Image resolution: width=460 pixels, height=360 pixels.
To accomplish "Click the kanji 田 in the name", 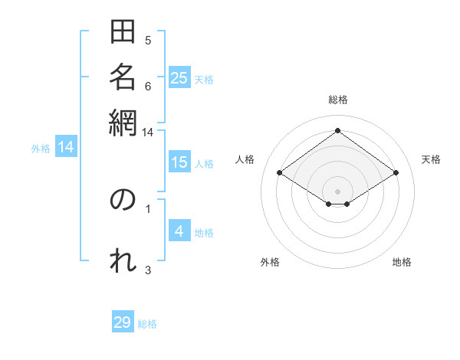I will coord(123,33).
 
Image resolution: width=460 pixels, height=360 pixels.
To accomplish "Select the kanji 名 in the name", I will coord(123,77).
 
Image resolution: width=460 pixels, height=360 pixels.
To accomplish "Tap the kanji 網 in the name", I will coord(123,122).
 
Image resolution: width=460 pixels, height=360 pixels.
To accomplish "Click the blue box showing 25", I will coord(179,78).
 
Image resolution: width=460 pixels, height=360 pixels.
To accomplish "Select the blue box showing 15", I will coord(179,162).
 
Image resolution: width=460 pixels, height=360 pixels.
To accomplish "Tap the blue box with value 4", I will coord(179,231).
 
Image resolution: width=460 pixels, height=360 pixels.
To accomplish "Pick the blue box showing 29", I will coord(123,322).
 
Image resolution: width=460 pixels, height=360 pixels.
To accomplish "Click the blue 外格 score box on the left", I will coord(66,147).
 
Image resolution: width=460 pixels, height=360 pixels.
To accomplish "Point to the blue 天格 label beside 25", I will coord(204,79).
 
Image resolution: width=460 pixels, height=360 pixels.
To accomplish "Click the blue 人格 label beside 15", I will coord(204,163).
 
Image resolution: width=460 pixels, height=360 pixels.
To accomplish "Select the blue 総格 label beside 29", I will coord(147,324).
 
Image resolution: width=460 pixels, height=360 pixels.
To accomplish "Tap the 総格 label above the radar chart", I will coord(337,100).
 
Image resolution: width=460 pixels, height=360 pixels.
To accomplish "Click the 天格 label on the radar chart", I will coord(431,159).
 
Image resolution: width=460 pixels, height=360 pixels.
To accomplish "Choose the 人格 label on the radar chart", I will coord(245,159).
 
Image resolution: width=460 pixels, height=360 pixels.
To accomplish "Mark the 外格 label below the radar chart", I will coord(270,263).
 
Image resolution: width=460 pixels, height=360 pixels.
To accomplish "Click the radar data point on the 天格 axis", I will coord(396,173).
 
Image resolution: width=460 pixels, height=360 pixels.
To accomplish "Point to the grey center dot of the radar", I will coord(337,191).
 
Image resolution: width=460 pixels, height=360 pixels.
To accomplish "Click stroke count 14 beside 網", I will coord(147,132).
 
